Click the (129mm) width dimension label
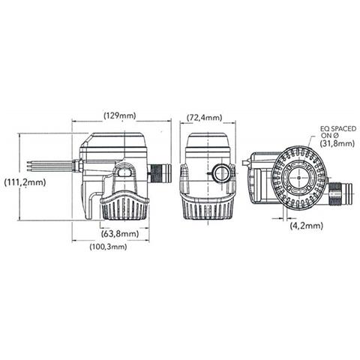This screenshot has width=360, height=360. (x=120, y=116)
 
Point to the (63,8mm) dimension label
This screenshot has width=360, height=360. (x=119, y=233)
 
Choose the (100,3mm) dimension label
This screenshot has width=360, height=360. (x=108, y=247)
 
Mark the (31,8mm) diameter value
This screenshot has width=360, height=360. (x=336, y=142)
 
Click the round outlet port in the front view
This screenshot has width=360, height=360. (x=220, y=175)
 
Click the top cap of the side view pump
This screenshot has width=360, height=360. (x=115, y=140)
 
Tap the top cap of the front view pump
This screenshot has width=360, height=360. (x=205, y=140)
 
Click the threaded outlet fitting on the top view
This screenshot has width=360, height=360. (x=338, y=195)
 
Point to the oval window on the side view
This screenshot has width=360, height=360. (x=124, y=175)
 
